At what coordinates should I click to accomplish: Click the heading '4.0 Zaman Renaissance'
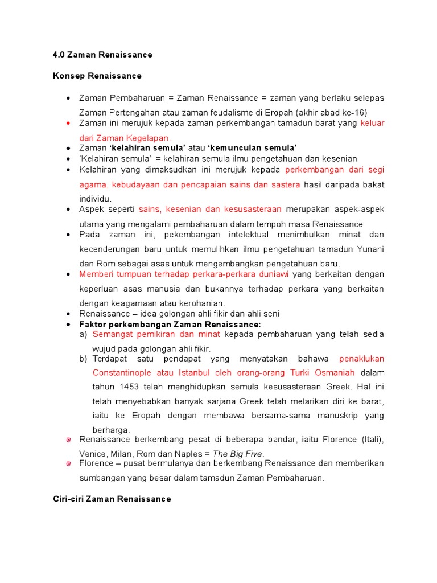point(102,55)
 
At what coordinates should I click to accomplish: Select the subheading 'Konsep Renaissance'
point(97,76)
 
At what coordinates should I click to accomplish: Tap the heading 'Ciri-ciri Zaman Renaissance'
point(112,499)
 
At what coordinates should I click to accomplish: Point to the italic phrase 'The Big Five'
point(238,454)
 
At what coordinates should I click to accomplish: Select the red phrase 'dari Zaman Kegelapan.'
point(125,138)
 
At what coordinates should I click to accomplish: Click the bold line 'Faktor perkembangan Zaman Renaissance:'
point(170,324)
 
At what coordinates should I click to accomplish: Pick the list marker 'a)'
point(83,334)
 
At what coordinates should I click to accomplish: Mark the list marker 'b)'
point(83,359)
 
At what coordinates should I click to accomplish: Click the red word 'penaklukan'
point(361,359)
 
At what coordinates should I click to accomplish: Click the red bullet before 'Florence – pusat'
point(68,464)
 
